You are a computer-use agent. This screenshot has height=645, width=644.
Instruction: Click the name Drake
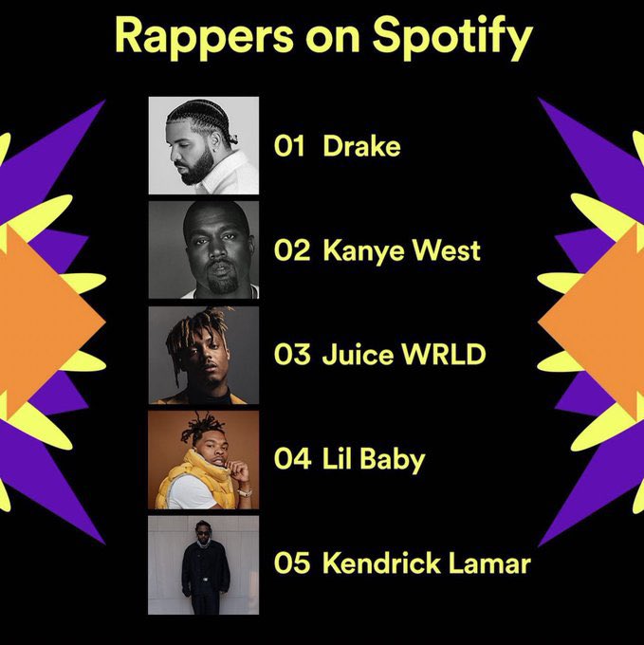pyautogui.click(x=361, y=147)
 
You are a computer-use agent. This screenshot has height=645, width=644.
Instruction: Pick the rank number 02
pyautogui.click(x=292, y=251)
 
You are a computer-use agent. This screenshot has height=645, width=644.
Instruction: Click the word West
pyautogui.click(x=450, y=251)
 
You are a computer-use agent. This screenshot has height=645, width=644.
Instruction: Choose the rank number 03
pyautogui.click(x=292, y=356)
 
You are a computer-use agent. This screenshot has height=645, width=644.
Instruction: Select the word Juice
pyautogui.click(x=353, y=356)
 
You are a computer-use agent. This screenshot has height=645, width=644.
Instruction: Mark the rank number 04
pyautogui.click(x=292, y=460)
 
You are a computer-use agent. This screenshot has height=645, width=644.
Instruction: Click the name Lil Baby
pyautogui.click(x=374, y=461)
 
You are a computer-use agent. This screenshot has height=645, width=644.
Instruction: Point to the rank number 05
pyautogui.click(x=292, y=564)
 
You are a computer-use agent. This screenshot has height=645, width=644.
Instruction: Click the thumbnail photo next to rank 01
pyautogui.click(x=203, y=146)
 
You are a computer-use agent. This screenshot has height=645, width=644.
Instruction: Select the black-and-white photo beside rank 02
pyautogui.click(x=203, y=250)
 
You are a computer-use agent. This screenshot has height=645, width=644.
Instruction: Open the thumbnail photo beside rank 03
pyautogui.click(x=203, y=355)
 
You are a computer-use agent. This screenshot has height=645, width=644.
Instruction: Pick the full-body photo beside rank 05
pyautogui.click(x=203, y=564)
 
